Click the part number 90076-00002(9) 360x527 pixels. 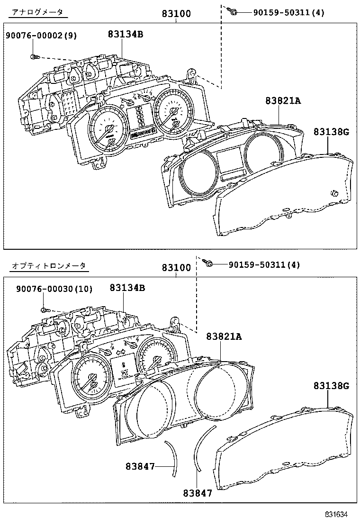[41, 36]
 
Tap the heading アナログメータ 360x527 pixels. [37, 12]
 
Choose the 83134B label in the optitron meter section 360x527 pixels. [127, 288]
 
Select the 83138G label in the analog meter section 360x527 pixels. [331, 132]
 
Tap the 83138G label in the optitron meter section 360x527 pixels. [331, 386]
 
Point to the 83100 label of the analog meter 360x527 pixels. [176, 14]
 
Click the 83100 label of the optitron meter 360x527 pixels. [176, 268]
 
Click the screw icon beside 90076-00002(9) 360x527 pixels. [34, 57]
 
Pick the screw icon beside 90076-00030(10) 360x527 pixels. [44, 310]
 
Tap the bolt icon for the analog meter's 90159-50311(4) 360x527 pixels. [232, 11]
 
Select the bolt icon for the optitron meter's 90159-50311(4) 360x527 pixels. [208, 263]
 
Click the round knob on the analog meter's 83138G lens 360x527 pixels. [334, 192]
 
